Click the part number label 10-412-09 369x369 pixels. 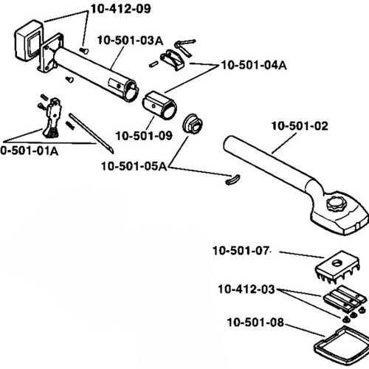120,10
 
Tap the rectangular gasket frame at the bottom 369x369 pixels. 339,341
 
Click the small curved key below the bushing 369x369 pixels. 230,177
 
